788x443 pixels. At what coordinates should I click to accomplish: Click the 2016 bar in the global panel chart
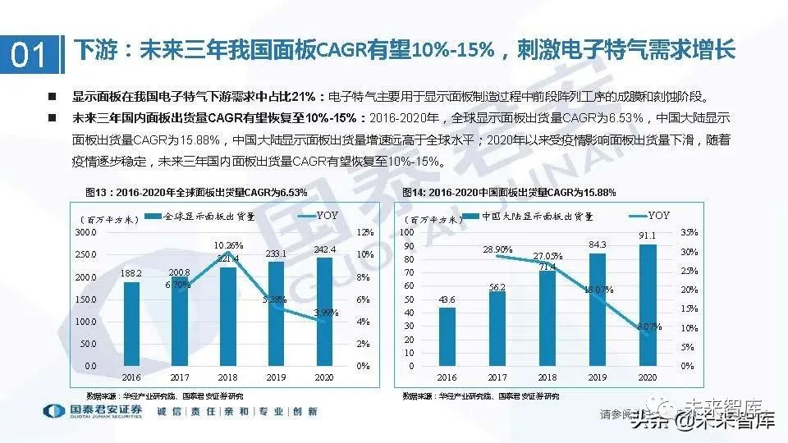[x=131, y=323]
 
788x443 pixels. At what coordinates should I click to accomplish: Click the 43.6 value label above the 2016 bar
[x=447, y=301]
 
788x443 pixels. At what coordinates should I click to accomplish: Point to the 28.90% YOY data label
[x=497, y=249]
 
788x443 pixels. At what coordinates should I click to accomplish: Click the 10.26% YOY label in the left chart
[x=228, y=244]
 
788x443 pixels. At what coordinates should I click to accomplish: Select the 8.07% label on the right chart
[x=649, y=327]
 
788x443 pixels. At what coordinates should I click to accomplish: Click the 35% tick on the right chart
[x=689, y=232]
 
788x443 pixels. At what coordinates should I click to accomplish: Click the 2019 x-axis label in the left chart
[x=277, y=379]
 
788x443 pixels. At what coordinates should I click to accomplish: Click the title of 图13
[x=197, y=192]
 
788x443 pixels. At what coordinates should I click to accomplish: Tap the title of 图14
[x=509, y=192]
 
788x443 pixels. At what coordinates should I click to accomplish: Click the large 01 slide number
[x=29, y=54]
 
